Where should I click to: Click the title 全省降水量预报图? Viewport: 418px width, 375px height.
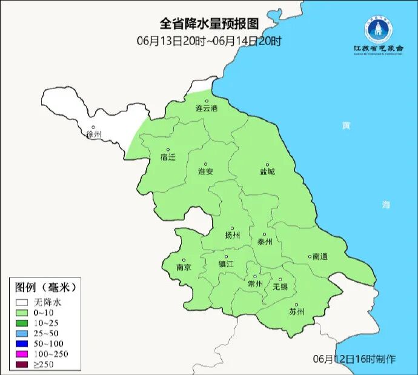pos(209,24)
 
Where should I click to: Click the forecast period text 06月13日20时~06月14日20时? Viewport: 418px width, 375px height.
pos(209,41)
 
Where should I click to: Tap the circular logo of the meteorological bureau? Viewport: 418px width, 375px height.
pos(378,28)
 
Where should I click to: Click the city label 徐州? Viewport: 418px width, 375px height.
pos(94,134)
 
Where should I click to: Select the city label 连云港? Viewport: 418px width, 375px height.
pos(206,108)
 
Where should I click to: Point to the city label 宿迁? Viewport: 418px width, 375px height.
pos(168,157)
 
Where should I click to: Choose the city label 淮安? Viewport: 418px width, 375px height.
pos(205,171)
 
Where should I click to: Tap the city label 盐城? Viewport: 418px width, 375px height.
pos(267,171)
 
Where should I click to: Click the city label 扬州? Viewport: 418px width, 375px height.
pos(232,236)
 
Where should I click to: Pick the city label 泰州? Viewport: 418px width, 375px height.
pos(265,241)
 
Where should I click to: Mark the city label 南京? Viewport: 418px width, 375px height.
pos(184,267)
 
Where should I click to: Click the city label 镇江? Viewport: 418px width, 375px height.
pos(226,264)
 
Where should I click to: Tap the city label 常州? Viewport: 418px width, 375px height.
pos(256,284)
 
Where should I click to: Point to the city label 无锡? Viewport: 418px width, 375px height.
pos(280,286)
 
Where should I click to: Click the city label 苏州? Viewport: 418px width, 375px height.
pos(296,312)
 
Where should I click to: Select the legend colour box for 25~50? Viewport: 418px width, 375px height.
pos(23,334)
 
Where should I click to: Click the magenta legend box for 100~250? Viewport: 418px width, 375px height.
pos(23,354)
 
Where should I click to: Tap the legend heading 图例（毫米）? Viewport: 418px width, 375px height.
pos(45,287)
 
